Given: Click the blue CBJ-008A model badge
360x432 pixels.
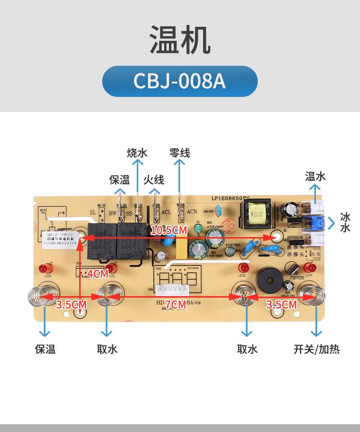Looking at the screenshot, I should tap(180, 81).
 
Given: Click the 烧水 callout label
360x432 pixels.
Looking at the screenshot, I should tap(137, 153).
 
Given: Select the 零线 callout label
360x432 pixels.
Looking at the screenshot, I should tap(180, 153).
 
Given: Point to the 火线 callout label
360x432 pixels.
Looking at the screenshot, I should tap(154, 180).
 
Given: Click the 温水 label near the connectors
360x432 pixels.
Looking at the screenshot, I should tap(315, 176).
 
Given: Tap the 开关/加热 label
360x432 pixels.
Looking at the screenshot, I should tap(316, 349).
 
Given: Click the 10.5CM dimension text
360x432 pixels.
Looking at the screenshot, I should tap(168, 230).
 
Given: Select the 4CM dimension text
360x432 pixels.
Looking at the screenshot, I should tap(98, 274).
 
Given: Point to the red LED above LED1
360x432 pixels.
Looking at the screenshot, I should tap(48, 268).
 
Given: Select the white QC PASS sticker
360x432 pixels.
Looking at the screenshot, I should tap(60, 238).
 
